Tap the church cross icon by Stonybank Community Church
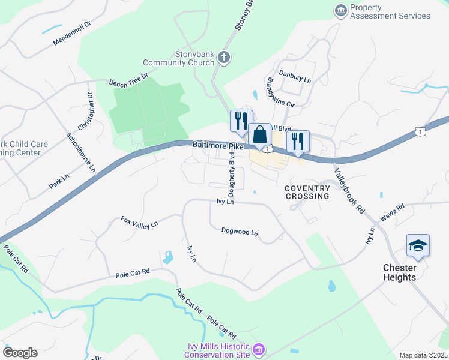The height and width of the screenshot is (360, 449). coord(224,58)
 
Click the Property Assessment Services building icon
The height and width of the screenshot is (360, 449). coord(341,11)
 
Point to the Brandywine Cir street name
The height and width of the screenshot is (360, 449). coord(280,92)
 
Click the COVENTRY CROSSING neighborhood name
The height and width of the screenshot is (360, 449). coord(307,192)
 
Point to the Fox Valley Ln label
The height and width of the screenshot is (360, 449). coord(139,223)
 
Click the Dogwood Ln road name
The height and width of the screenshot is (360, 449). coord(239,231)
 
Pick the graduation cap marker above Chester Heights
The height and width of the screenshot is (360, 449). coord(418,245)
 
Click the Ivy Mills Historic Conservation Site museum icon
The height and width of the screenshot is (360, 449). coord(259,349)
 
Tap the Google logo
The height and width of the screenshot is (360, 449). coord(20,353)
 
